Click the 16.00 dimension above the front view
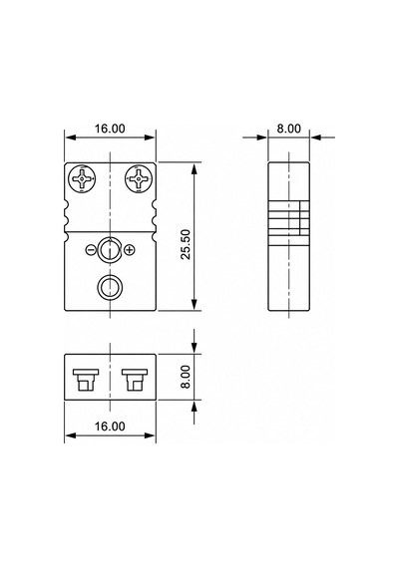point(110,129)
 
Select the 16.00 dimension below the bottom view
point(110,426)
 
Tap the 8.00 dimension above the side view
point(289,129)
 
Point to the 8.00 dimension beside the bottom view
point(186,377)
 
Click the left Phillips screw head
point(82,179)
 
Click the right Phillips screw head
point(139,179)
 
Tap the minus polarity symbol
point(92,249)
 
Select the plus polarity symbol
point(130,249)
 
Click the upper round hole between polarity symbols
point(110,249)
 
